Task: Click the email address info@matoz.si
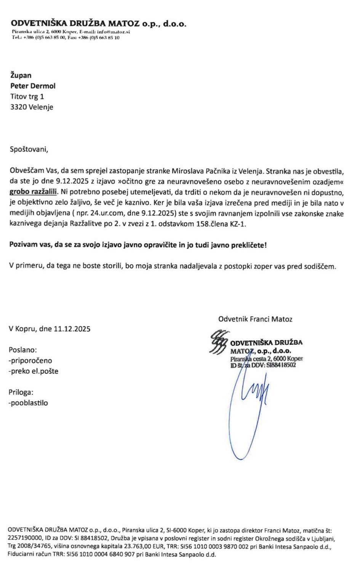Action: tap(114, 32)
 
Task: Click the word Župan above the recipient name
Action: tap(21, 75)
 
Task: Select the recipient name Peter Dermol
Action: tap(33, 86)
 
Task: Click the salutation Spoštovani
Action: tap(29, 149)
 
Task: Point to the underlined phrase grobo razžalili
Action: tap(33, 191)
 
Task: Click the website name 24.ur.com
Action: tap(107, 213)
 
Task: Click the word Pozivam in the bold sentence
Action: tap(23, 245)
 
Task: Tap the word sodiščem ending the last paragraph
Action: tap(320, 266)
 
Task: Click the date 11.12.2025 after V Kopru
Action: tap(72, 329)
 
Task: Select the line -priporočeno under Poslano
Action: tap(30, 360)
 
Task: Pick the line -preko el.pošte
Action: tap(34, 371)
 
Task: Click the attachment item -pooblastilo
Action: tap(28, 403)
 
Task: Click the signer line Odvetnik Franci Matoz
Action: tap(255, 319)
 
